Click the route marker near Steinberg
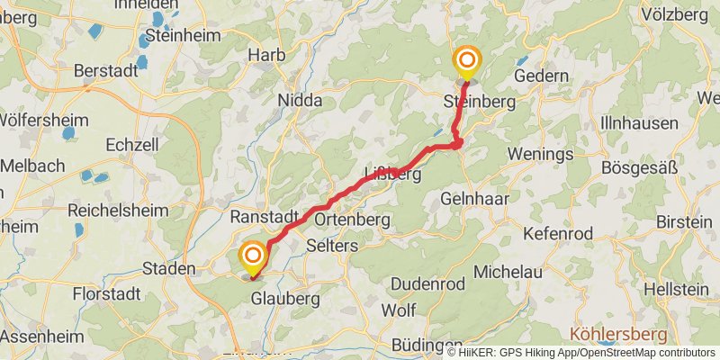467,61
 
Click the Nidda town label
301,101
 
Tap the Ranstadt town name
264,218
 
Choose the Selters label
333,246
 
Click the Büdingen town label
427,346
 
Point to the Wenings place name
540,154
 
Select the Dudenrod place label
428,283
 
